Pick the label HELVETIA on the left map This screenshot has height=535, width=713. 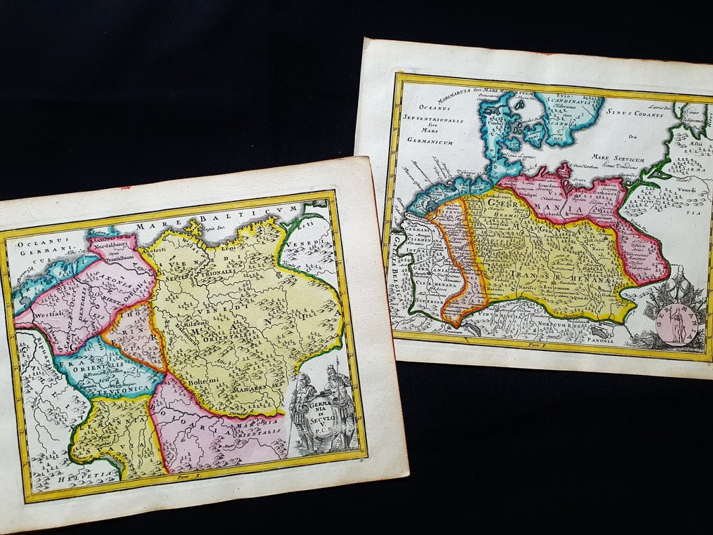pos(62,478)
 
